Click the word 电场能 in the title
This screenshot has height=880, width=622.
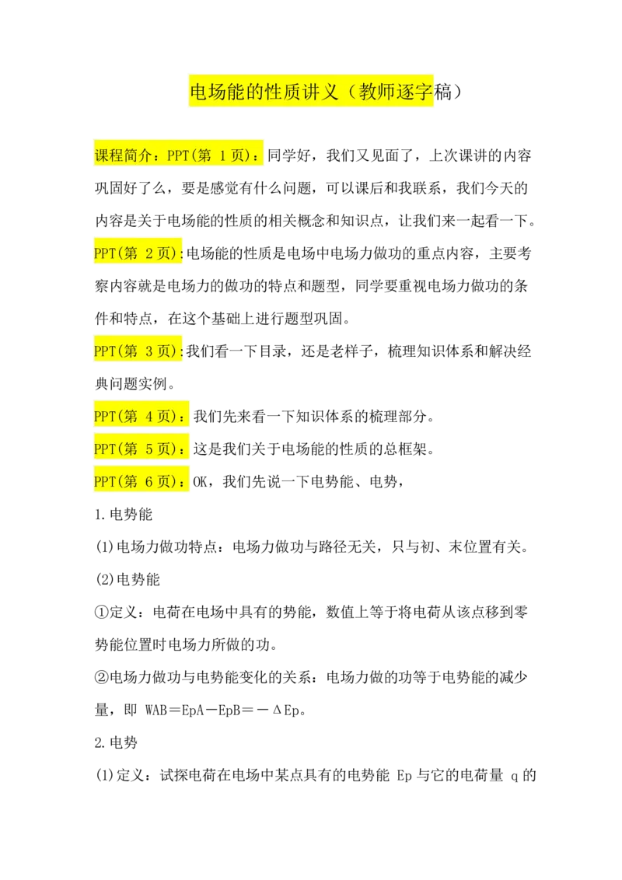coord(218,93)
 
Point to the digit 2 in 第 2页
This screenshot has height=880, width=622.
coord(149,253)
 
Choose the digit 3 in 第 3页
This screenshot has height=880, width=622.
coord(149,351)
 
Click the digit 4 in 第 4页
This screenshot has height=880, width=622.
coord(149,417)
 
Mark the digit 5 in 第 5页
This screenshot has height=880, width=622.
coord(149,449)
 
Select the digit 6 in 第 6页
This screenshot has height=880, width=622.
coord(149,482)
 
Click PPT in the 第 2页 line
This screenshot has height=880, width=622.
coord(104,253)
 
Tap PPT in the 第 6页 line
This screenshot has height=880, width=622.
coord(104,482)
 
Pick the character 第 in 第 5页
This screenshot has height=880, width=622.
coord(131,449)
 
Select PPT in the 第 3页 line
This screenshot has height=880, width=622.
coord(104,351)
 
